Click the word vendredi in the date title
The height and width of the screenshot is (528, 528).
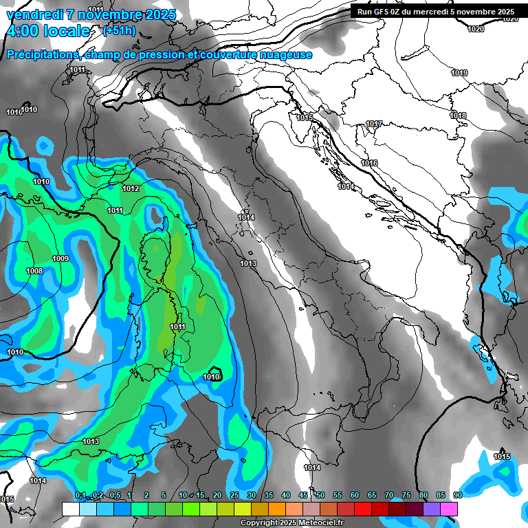pos(33,14)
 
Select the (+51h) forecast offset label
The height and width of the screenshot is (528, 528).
pos(118,31)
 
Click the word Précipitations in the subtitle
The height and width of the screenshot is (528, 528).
pos(40,55)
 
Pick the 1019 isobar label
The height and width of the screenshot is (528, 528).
pos(459,73)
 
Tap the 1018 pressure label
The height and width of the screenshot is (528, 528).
pos(458,115)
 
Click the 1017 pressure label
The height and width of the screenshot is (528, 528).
pos(374,124)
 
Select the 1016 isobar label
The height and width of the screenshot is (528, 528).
pos(369,163)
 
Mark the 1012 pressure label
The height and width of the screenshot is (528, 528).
pos(131,188)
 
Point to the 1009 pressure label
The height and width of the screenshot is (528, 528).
pos(60,258)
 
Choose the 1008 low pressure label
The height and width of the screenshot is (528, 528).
pos(34,271)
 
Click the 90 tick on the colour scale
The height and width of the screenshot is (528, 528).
pos(457,495)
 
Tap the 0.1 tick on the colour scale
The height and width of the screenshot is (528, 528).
pos(80,495)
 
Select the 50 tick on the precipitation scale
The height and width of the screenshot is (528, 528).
pos(320,495)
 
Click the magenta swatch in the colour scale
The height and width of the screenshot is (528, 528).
pos(449,509)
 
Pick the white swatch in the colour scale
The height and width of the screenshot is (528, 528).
pos(70,509)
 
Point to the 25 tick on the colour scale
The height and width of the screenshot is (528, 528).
pos(234,495)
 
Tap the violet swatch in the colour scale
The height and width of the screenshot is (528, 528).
pos(432,509)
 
